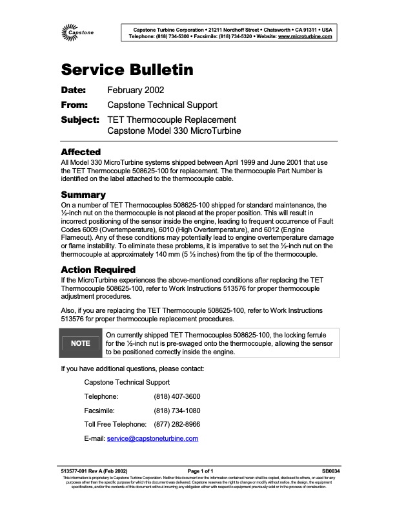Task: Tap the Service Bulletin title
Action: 127,70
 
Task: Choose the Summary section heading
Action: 83,195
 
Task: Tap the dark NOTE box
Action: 80,343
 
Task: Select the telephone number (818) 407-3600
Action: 177,396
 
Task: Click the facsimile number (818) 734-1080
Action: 177,410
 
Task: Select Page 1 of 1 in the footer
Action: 200,471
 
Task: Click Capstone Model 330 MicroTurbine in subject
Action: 174,131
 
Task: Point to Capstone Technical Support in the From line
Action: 162,105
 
